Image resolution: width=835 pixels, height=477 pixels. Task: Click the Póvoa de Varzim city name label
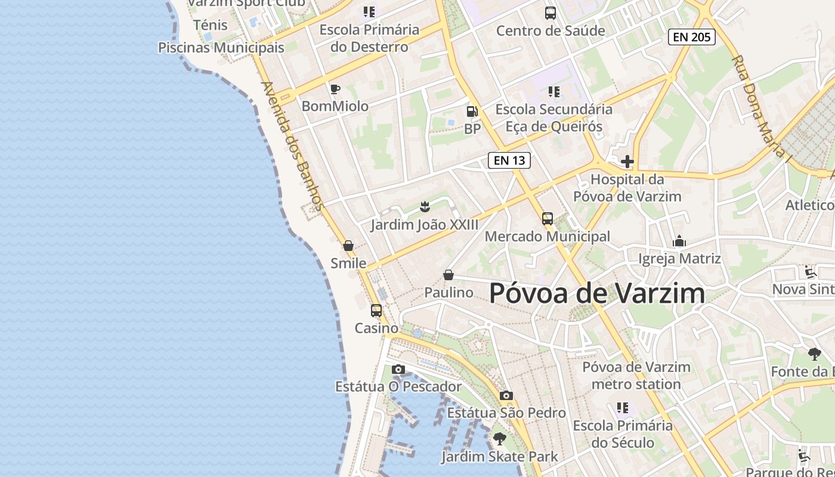597,293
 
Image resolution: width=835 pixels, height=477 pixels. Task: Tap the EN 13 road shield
509,160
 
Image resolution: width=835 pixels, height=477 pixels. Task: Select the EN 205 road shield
691,37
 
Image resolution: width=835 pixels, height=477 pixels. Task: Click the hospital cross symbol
627,162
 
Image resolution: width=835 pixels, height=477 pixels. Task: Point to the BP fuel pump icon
472,111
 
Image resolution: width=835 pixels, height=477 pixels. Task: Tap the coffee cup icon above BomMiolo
335,89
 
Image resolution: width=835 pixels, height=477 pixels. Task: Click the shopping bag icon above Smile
348,246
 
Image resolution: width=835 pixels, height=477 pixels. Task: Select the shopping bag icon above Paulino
449,275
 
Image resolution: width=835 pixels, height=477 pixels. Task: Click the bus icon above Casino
376,311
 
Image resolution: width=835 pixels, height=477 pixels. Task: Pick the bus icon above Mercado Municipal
548,219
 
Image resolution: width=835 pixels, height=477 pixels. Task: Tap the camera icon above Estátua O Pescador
398,370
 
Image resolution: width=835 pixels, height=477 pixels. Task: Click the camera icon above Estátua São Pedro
506,395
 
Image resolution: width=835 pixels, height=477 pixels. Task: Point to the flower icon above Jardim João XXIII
425,207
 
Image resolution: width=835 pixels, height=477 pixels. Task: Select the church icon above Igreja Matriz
679,241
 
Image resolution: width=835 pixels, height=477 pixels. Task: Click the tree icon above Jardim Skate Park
499,439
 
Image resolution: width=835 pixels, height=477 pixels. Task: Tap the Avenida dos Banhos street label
292,146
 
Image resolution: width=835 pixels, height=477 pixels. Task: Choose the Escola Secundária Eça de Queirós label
553,117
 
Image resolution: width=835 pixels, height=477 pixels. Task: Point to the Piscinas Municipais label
221,47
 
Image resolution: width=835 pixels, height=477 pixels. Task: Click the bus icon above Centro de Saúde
550,13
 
